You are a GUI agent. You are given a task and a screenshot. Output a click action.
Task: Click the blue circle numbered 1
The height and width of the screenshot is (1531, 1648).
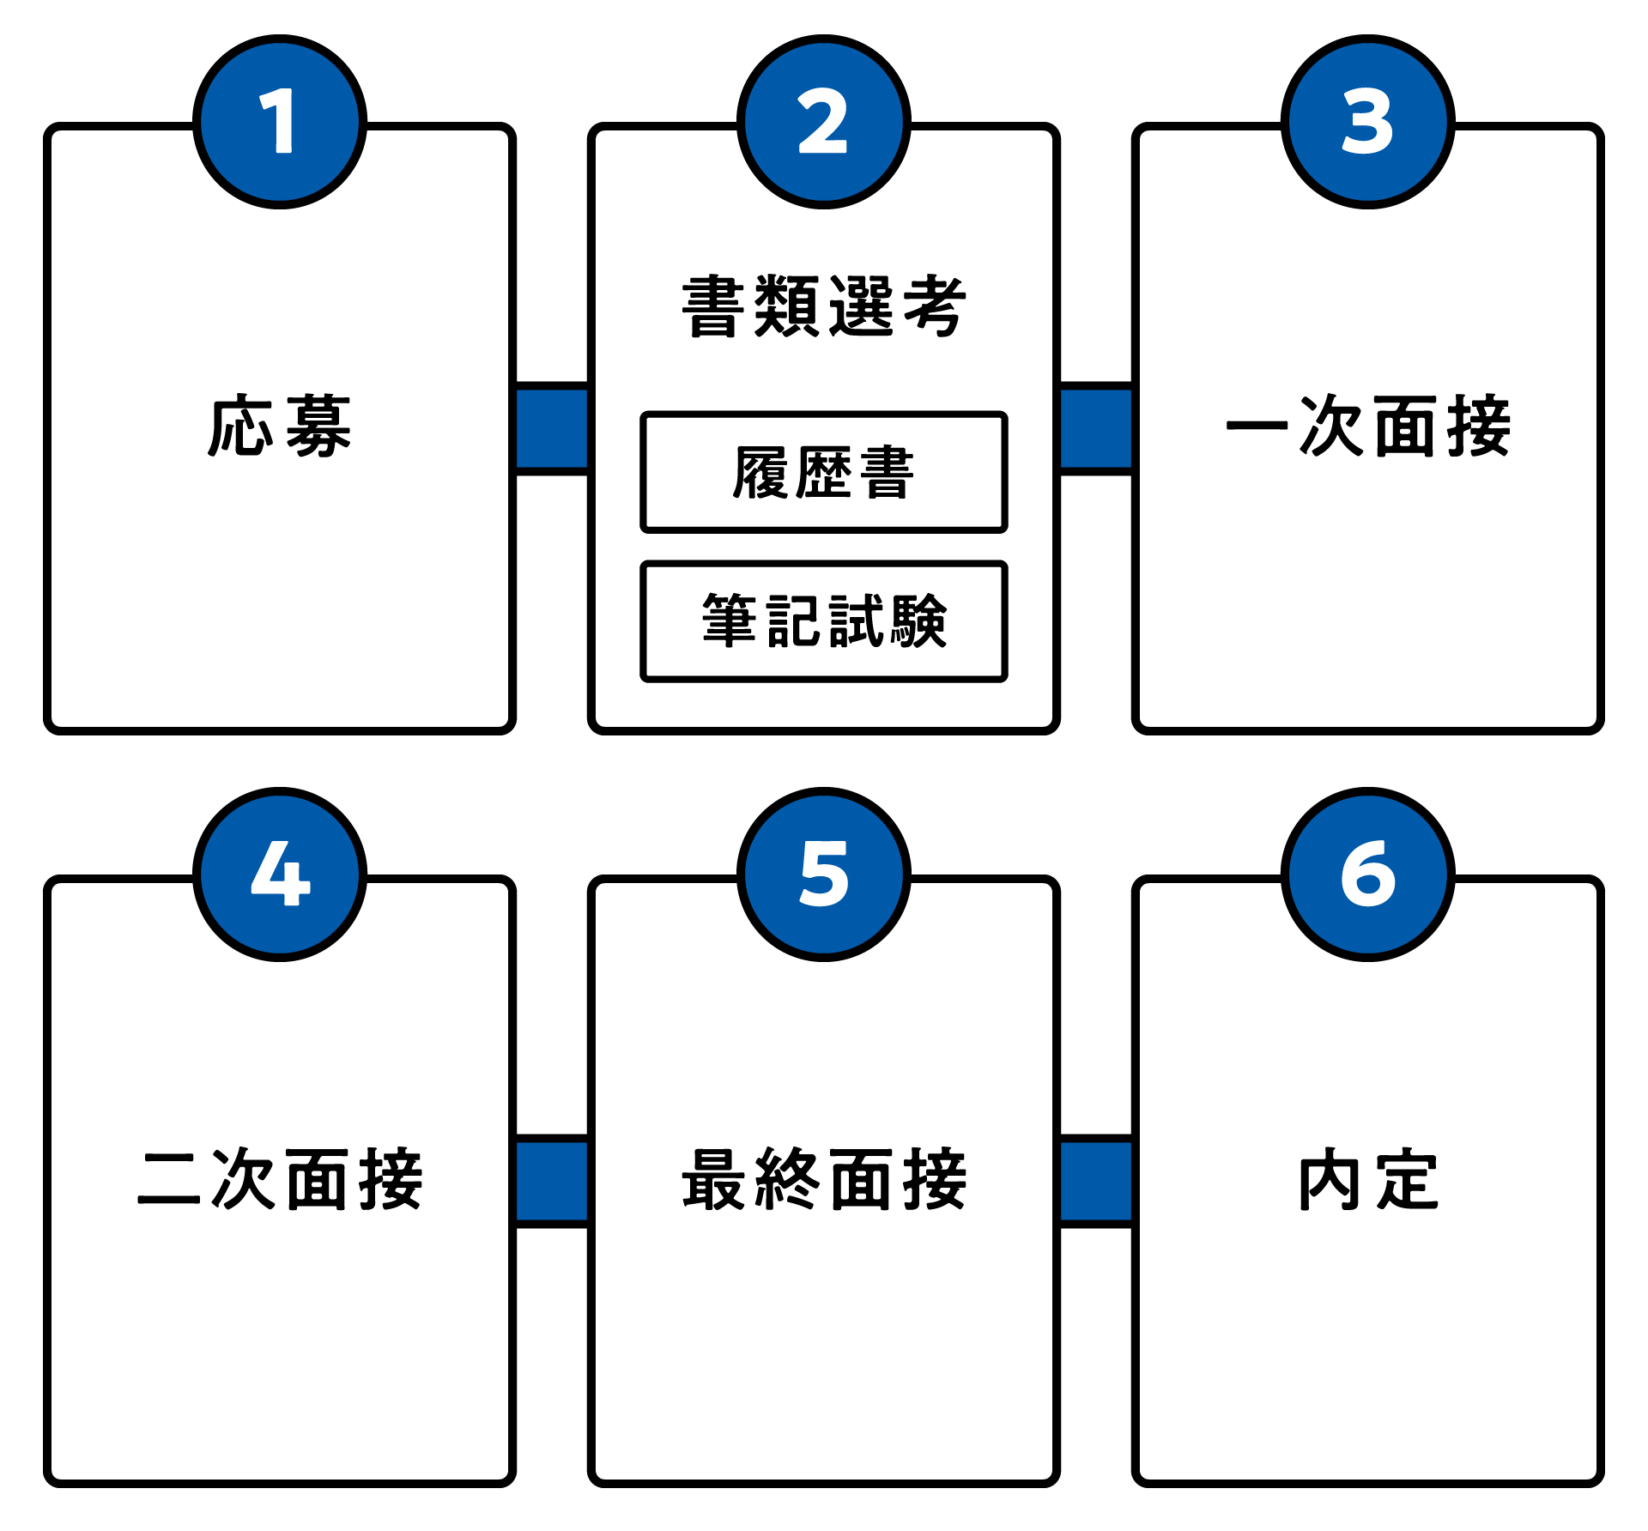(x=280, y=122)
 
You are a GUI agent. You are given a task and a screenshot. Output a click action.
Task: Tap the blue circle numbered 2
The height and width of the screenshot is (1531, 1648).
(x=824, y=122)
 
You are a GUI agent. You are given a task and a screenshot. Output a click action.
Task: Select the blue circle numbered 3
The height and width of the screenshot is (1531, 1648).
(x=1367, y=122)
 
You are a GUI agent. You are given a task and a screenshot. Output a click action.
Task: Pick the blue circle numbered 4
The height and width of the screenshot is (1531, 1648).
(x=280, y=874)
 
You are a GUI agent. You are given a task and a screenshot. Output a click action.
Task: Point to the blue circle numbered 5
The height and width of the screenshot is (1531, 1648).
(x=824, y=874)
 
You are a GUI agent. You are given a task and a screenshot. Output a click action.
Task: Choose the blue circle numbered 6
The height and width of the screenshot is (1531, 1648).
(x=1367, y=874)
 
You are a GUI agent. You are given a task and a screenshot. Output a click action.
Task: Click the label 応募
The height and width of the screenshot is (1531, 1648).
(x=280, y=427)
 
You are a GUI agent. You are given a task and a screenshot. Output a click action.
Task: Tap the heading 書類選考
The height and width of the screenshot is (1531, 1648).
(x=824, y=306)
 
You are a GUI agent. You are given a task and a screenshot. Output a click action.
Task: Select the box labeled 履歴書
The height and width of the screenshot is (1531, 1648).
(x=824, y=473)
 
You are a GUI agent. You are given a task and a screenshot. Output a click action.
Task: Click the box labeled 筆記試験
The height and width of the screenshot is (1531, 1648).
(x=824, y=621)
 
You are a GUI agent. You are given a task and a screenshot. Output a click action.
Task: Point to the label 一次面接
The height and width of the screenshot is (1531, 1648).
(x=1367, y=427)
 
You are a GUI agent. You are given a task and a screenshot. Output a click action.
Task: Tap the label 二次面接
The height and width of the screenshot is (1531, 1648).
(x=280, y=1179)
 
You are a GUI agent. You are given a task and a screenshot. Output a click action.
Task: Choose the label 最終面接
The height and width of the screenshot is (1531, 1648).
(x=824, y=1179)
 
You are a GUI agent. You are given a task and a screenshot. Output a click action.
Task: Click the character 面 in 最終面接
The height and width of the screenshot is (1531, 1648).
(x=861, y=1180)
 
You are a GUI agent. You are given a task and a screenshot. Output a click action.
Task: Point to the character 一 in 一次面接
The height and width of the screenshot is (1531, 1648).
(x=1257, y=427)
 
